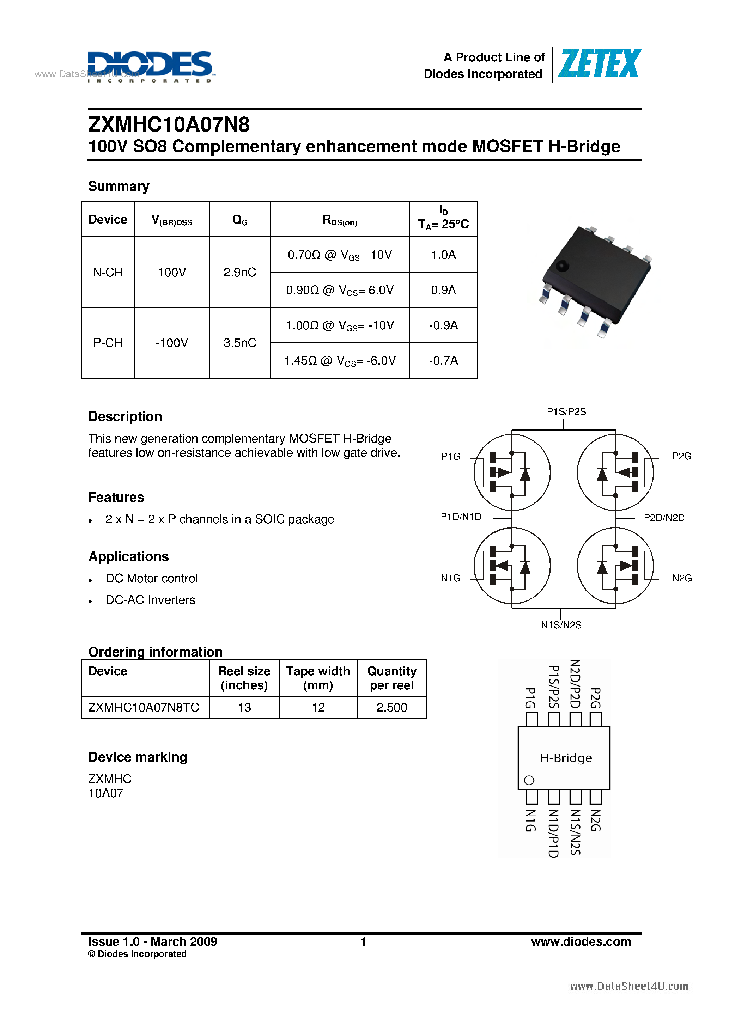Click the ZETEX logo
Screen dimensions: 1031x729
(599, 64)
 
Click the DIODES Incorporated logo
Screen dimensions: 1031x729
(150, 66)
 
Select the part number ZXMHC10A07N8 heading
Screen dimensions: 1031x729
(169, 124)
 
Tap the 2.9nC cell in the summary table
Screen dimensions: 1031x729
(239, 272)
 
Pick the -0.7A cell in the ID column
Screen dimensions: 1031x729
(443, 361)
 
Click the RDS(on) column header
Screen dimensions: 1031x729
(340, 220)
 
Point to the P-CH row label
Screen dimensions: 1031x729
(108, 343)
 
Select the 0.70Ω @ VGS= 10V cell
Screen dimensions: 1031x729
(340, 255)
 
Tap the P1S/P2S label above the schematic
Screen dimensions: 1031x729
(566, 411)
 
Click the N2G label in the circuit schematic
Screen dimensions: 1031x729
(681, 578)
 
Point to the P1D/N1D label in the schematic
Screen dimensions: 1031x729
(461, 517)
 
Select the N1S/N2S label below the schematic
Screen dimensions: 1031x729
(561, 624)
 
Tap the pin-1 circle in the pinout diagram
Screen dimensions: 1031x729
(529, 780)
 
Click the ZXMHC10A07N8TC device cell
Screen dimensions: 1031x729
(144, 707)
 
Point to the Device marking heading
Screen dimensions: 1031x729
(138, 757)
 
